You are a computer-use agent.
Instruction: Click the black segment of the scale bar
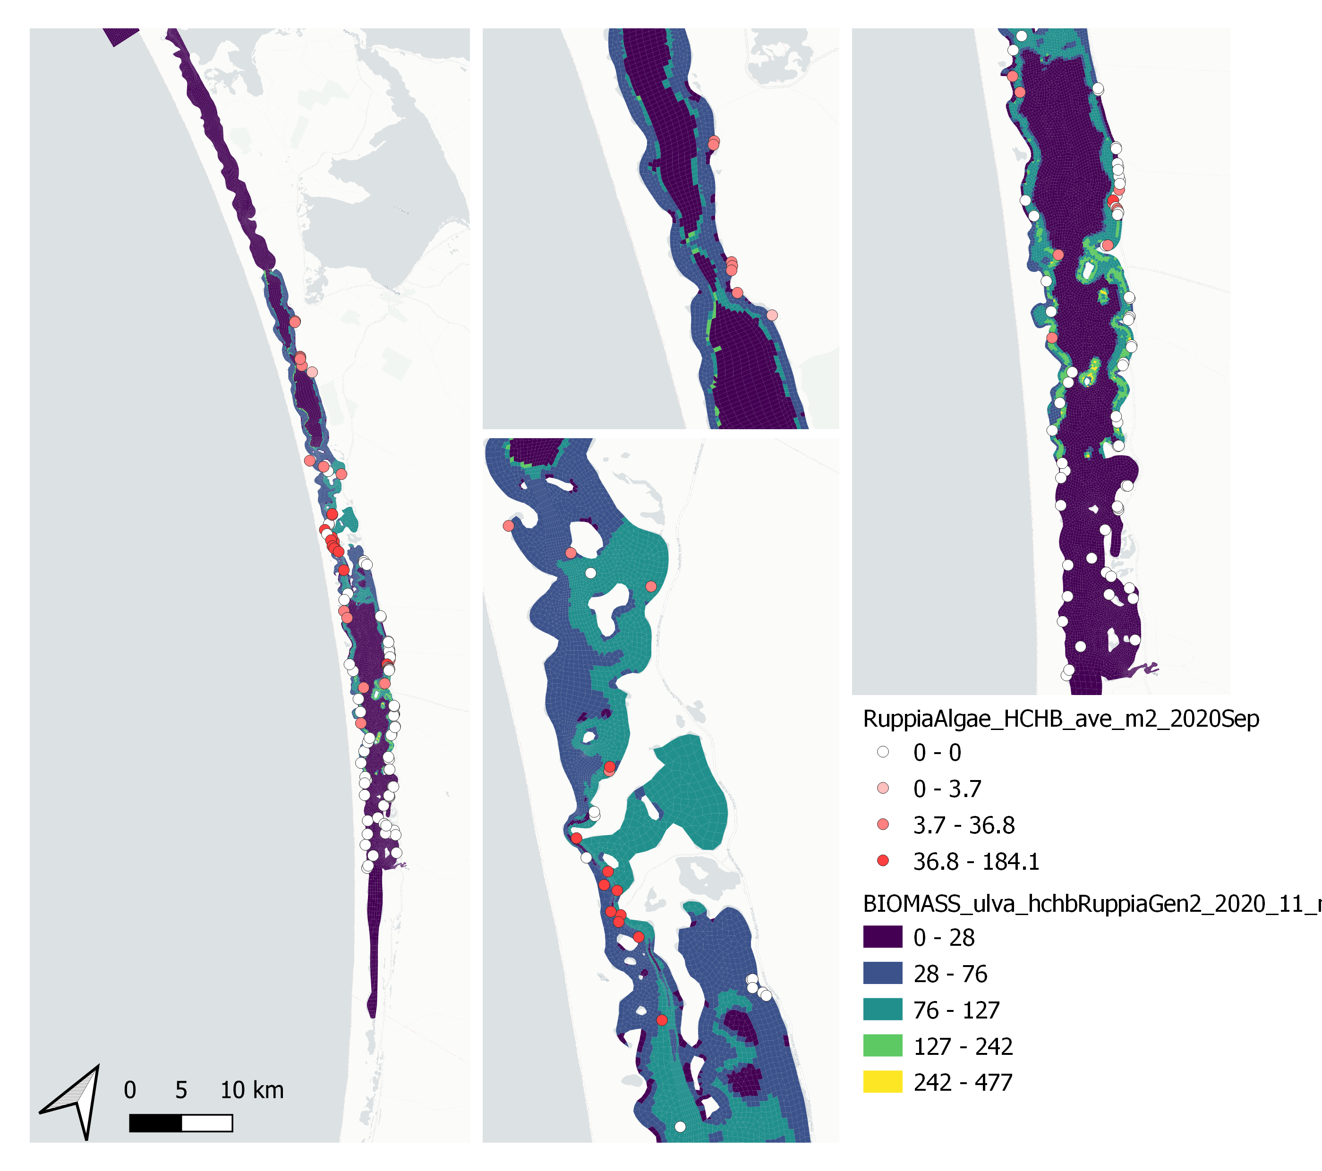click(155, 1123)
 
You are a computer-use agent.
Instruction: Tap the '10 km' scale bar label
click(252, 1090)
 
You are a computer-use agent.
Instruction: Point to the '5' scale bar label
click(181, 1090)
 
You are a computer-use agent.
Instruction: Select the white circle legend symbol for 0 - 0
click(882, 752)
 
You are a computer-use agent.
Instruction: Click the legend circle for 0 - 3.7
click(882, 788)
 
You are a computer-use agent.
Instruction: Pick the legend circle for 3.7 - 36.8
click(882, 824)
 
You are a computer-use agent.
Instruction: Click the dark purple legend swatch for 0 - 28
click(882, 937)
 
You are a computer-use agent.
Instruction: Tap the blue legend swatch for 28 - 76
click(882, 973)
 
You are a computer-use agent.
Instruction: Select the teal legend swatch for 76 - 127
click(882, 1010)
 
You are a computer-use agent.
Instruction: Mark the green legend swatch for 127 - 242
click(882, 1045)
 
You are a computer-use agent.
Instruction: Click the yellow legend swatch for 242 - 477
click(882, 1082)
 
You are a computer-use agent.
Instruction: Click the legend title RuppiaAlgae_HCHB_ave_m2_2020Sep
click(1061, 718)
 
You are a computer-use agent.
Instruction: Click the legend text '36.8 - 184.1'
click(976, 861)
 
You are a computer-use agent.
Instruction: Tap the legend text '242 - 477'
click(963, 1082)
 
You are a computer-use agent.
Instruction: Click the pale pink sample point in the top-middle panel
click(772, 315)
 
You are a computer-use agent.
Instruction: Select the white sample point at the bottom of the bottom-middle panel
click(680, 1127)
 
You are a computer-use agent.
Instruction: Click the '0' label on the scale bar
click(130, 1090)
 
